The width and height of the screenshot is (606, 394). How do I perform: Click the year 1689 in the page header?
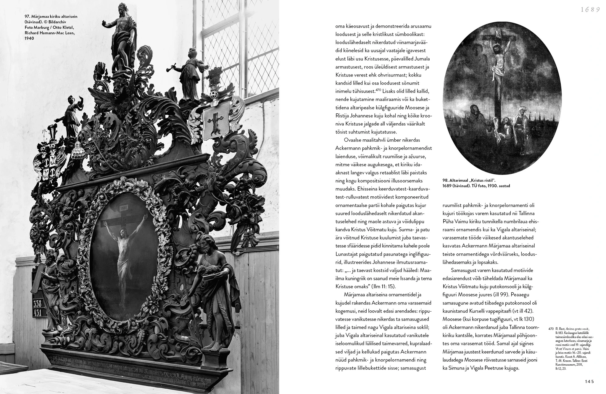(590, 9)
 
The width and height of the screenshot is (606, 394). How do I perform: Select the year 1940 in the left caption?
(29, 38)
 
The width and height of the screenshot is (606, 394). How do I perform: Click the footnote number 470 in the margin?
(551, 328)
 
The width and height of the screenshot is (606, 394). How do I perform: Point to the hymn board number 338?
(38, 303)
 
